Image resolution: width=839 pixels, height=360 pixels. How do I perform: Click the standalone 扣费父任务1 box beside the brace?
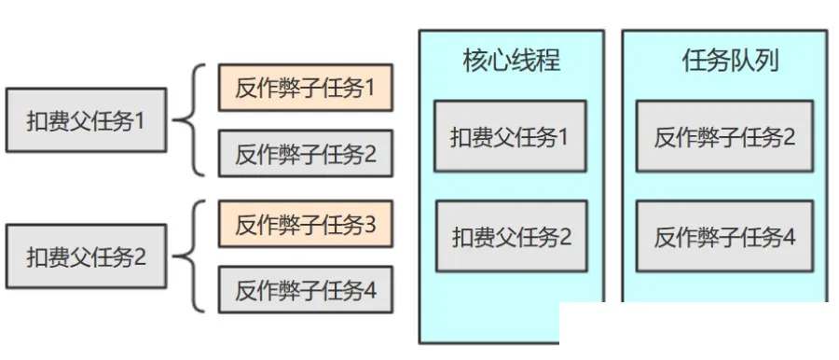tap(86, 120)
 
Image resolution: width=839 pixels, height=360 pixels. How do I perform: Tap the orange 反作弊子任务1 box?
tap(305, 89)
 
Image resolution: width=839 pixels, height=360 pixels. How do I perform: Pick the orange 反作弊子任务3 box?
tap(305, 225)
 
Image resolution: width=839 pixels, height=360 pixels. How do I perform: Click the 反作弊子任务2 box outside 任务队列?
tap(305, 154)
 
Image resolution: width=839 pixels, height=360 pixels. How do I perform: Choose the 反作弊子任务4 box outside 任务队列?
tap(305, 290)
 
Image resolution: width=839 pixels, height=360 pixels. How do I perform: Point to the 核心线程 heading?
tap(511, 62)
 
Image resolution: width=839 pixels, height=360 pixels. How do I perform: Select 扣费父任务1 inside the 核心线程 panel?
tap(510, 137)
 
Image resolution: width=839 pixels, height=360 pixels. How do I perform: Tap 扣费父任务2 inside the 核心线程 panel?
tap(511, 237)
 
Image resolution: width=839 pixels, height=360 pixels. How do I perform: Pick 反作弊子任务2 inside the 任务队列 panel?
tap(724, 137)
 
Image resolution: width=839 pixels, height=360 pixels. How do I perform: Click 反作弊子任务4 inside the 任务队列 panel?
tap(724, 237)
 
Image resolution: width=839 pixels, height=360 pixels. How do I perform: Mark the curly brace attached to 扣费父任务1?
tap(192, 120)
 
